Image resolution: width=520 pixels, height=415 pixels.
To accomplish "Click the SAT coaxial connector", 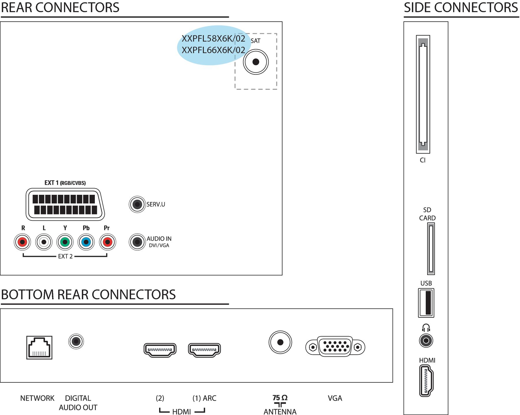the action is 256,62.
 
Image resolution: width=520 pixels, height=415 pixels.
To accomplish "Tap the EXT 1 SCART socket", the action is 65,205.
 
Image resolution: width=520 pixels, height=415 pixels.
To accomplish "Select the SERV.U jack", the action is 137,204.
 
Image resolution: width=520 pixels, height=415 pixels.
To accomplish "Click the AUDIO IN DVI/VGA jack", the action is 137,242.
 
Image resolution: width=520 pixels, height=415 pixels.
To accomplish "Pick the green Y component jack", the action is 65,242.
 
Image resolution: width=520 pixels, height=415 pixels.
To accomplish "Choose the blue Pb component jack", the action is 86,242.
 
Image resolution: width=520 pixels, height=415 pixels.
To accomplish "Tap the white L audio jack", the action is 44,242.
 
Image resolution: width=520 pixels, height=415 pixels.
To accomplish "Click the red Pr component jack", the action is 108,242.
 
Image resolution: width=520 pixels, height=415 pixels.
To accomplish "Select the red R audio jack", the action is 22,242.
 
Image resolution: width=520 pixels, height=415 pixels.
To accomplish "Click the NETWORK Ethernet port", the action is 39,347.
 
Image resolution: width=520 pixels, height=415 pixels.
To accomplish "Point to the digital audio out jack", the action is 76,341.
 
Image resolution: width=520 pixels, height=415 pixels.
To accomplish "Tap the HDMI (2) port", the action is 160,350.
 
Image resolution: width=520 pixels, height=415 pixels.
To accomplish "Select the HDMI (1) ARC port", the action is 204,350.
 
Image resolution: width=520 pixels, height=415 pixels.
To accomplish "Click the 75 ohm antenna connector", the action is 280,342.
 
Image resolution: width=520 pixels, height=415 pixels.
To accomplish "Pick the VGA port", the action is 335,347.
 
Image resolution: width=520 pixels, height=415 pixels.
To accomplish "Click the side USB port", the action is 426,303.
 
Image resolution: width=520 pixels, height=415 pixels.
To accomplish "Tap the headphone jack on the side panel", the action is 426,341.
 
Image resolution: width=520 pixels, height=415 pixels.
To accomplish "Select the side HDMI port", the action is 426,381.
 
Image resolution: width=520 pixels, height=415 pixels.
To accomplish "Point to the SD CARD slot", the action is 431,249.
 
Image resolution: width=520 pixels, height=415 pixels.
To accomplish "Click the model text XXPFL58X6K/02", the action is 213,38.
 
